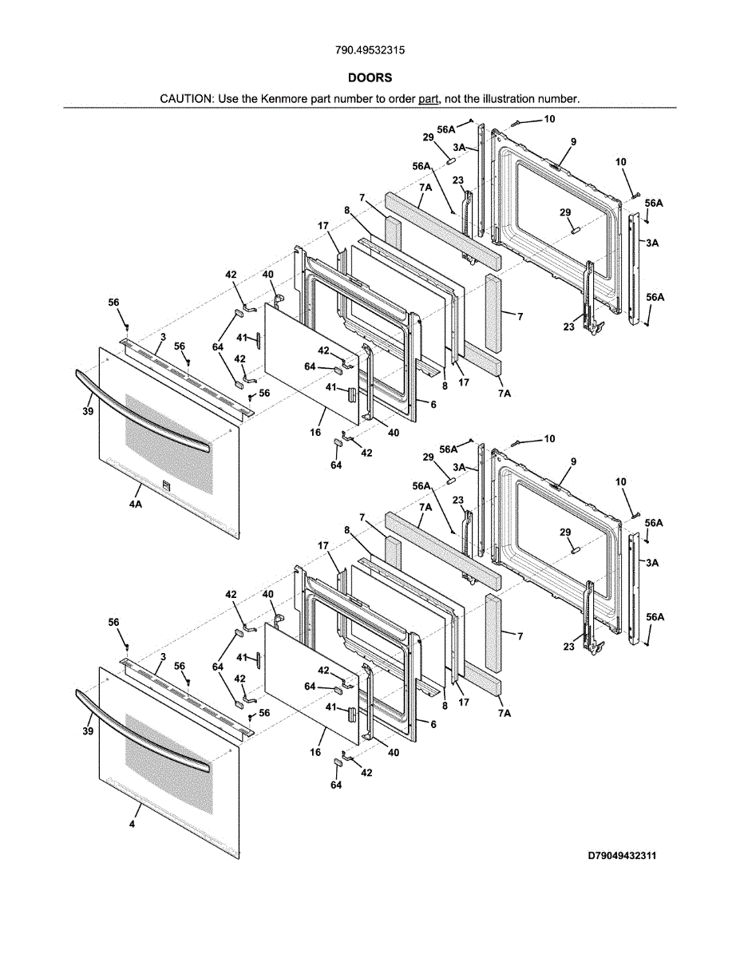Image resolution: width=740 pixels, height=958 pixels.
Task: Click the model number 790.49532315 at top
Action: coord(370,50)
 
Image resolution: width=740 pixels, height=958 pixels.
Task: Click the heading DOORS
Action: coord(370,78)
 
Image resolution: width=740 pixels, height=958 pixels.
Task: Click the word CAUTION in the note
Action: coord(186,99)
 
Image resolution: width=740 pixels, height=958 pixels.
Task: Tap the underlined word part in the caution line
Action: coord(429,99)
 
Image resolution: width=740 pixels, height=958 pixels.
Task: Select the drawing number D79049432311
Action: coord(622,856)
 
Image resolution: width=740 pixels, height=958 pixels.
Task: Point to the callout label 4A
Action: coord(135,505)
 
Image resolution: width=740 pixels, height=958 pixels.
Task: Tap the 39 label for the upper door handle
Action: coord(88,412)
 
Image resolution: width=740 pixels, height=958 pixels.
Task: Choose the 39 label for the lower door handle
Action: coord(88,730)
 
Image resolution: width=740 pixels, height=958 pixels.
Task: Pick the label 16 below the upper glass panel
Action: coord(316,432)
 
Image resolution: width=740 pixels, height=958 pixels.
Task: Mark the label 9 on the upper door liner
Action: coord(573,142)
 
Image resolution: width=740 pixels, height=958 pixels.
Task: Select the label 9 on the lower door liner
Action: coord(573,461)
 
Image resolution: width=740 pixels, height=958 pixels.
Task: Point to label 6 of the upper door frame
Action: coord(433,405)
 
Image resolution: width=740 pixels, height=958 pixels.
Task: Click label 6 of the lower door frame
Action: coord(433,724)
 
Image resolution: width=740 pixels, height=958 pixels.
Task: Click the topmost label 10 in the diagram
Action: coord(549,119)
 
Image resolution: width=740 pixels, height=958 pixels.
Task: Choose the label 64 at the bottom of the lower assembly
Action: coord(336,786)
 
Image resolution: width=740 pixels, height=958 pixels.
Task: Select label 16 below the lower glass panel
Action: coord(316,752)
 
